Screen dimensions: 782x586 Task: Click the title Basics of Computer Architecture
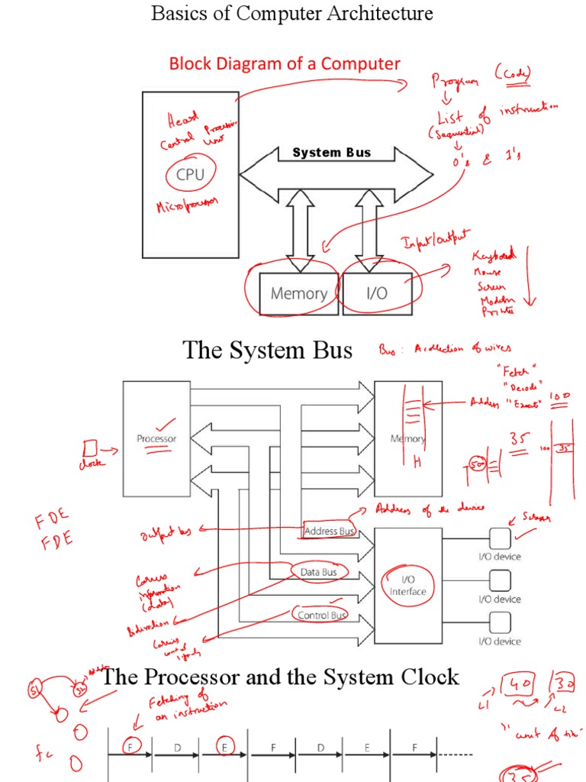(292, 13)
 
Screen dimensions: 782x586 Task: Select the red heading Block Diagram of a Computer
(285, 63)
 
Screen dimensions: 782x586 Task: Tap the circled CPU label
(190, 174)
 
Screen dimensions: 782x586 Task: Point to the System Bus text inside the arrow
(331, 153)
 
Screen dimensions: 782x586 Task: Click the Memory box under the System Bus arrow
(298, 293)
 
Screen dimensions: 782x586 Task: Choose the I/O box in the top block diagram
(377, 293)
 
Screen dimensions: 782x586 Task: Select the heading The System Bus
(268, 351)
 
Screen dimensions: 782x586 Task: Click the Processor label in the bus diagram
(156, 438)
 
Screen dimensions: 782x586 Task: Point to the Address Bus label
(329, 531)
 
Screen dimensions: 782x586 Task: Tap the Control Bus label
(320, 615)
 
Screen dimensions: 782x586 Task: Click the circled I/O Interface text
(407, 586)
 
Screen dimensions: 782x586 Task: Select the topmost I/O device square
(500, 538)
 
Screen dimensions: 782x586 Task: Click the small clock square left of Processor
(90, 447)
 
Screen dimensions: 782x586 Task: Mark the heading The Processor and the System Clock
(281, 677)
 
